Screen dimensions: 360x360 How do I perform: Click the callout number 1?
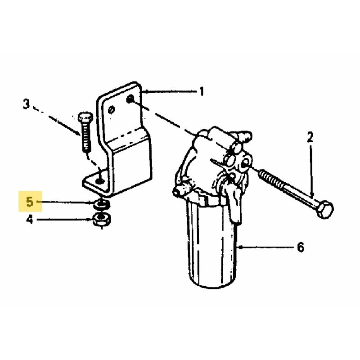201,91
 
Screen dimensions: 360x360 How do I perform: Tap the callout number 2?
310,138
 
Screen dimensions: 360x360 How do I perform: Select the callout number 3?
27,104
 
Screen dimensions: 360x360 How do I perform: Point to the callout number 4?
30,220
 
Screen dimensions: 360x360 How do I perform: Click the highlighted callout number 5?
30,202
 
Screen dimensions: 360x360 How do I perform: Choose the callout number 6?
300,247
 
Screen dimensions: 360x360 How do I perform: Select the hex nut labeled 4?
102,219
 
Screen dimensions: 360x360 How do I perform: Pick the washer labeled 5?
102,204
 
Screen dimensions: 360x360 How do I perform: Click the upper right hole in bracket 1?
130,99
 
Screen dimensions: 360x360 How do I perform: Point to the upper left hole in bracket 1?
112,110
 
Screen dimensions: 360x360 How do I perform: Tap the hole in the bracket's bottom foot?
100,181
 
